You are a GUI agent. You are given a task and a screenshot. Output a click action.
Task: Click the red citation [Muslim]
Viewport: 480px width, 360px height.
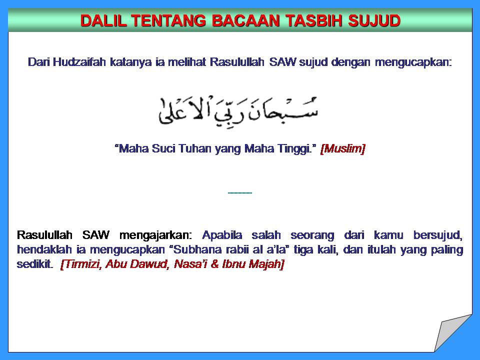pos(342,149)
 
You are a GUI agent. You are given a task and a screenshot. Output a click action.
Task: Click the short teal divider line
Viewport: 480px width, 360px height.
pos(239,193)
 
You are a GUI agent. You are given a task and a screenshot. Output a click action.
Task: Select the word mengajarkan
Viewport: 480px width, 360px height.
pos(155,235)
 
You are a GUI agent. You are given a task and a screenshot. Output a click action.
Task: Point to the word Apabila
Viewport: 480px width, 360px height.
pos(222,235)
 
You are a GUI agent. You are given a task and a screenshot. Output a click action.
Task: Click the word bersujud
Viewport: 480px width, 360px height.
pos(438,235)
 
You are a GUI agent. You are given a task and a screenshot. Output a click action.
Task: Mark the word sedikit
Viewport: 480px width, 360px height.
pos(34,264)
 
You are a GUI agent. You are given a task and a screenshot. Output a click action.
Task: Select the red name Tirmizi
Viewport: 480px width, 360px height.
pos(81,264)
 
